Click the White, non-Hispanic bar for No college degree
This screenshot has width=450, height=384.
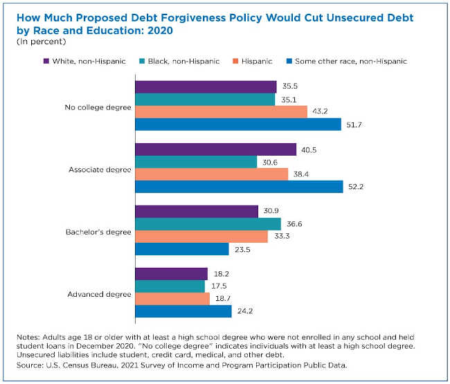pyautogui.click(x=206, y=86)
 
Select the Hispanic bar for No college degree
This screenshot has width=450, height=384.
pyautogui.click(x=221, y=111)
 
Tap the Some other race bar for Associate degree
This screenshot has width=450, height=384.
pyautogui.click(x=239, y=186)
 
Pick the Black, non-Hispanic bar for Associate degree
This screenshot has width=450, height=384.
pyautogui.click(x=196, y=161)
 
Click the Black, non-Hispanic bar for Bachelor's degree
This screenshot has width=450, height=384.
pyautogui.click(x=208, y=223)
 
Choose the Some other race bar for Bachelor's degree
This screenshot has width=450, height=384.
pyautogui.click(x=181, y=248)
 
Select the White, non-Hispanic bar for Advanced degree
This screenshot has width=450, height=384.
pyautogui.click(x=171, y=273)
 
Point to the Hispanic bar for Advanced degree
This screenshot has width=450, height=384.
pyautogui.click(x=172, y=298)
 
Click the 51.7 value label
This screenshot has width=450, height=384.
pyautogui.click(x=354, y=124)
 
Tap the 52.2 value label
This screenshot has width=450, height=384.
pyautogui.click(x=356, y=186)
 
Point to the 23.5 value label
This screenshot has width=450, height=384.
pyautogui.click(x=242, y=248)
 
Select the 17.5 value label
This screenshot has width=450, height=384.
pyautogui.click(x=218, y=286)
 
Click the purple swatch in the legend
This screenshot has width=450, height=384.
pyautogui.click(x=46, y=61)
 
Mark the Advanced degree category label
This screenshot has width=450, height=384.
pyautogui.click(x=99, y=293)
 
